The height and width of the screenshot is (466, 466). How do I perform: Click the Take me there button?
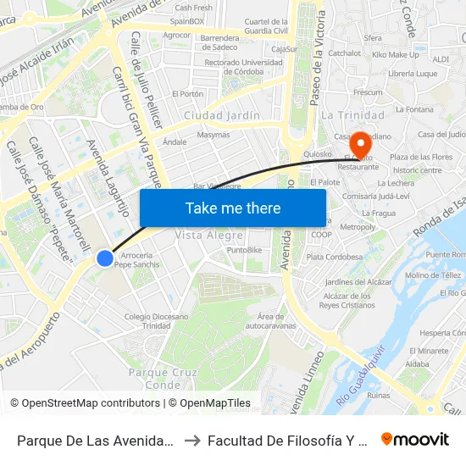pos(232,208)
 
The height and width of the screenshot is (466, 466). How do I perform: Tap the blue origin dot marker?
pos(104,258)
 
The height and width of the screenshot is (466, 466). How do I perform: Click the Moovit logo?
pos(415,439)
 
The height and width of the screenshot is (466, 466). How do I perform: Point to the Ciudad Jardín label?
pos(221,115)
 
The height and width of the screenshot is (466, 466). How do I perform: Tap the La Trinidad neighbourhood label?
pos(352,115)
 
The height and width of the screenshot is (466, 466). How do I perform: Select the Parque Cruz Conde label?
pos(163,378)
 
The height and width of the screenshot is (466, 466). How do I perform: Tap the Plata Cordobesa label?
pos(335,257)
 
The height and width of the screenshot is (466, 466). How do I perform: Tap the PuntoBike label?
pos(244,250)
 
